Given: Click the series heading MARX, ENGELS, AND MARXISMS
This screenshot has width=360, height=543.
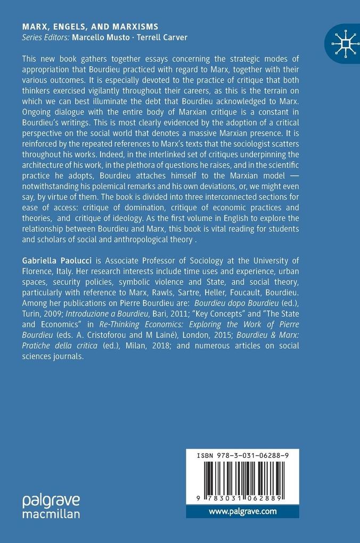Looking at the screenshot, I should pyautogui.click(x=90, y=27).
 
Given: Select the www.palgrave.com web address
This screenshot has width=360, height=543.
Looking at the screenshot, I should pyautogui.click(x=242, y=512).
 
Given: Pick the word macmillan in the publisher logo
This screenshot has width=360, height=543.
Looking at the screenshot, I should pyautogui.click(x=51, y=514).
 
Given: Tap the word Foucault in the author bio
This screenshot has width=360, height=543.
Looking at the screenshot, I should pyautogui.click(x=239, y=293).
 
